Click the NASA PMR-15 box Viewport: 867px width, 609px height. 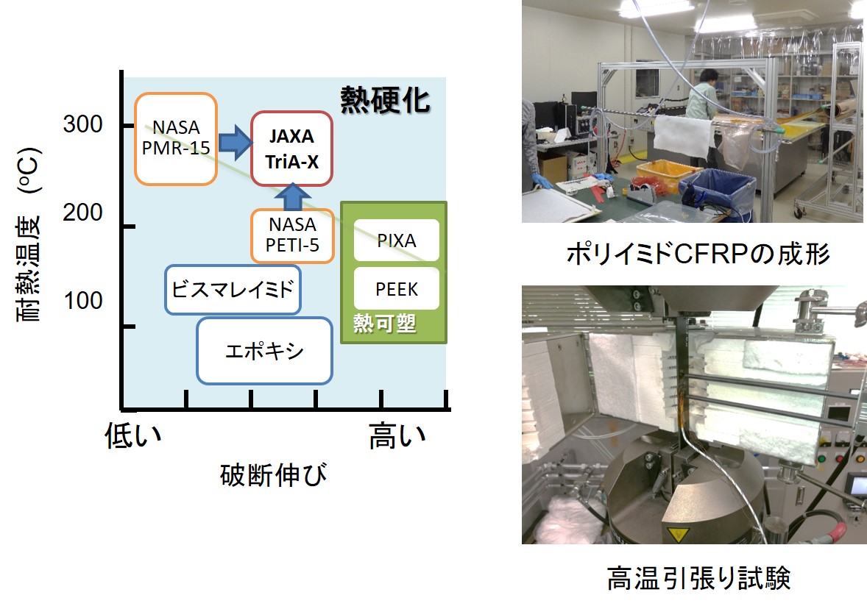click(x=175, y=138)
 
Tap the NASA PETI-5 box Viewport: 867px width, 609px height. click(x=293, y=235)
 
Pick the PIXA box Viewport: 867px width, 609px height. click(x=396, y=241)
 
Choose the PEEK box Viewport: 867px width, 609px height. click(x=396, y=288)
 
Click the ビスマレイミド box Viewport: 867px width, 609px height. click(x=233, y=288)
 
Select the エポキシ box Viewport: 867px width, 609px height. click(x=264, y=351)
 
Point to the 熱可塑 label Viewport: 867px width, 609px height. click(x=384, y=324)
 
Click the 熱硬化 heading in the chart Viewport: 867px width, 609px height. click(x=385, y=100)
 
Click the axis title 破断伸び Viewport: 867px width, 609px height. click(x=273, y=476)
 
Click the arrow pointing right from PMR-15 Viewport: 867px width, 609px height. click(x=234, y=142)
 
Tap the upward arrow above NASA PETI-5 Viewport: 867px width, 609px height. click(x=292, y=196)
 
